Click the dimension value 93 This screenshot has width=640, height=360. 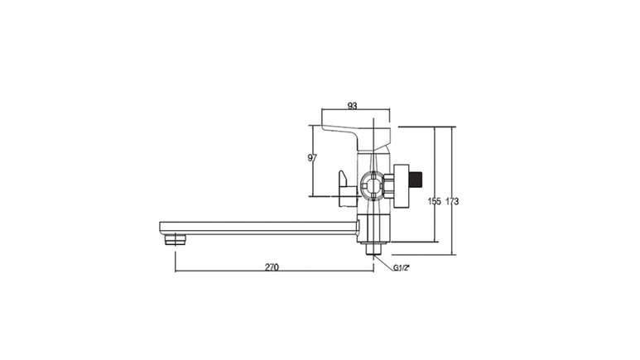coord(352,106)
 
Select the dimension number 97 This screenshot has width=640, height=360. coord(312,157)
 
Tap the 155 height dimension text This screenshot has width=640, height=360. coord(435,201)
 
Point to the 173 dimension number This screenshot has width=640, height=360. coord(452,201)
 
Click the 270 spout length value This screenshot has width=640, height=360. coord(272,267)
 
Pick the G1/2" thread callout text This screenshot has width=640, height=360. coord(402,268)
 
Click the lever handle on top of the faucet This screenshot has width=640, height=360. coord(356,137)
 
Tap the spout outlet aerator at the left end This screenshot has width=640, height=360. coord(176,240)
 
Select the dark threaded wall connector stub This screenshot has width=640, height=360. coord(416,185)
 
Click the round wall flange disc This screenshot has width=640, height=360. coord(401,185)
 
